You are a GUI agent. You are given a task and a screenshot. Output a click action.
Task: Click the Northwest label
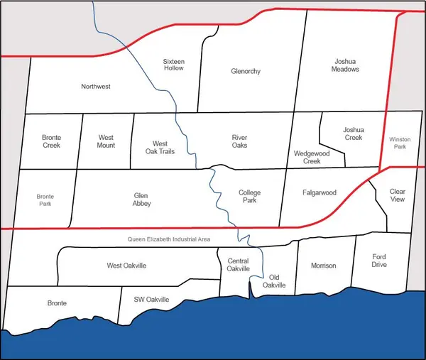pos(96,87)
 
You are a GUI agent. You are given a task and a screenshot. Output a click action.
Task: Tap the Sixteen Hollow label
pos(173,65)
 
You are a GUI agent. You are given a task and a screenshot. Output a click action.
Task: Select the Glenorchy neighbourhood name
pos(246,72)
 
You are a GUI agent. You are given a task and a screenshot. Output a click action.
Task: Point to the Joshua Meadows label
pos(346,65)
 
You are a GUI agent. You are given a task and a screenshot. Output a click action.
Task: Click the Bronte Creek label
pos(51,141)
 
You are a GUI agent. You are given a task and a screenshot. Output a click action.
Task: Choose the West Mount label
pos(106,141)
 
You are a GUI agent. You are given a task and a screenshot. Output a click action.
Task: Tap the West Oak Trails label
pos(160,147)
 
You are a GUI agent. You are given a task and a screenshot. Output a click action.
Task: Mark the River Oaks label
pos(239,141)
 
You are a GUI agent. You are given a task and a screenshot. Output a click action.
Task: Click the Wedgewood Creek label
pos(307,157)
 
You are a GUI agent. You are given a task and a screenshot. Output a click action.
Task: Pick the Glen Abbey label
pos(142,199)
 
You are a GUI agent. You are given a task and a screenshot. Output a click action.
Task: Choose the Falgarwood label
pos(319,192)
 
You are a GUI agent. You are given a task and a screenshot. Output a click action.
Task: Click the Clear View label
pos(397,195)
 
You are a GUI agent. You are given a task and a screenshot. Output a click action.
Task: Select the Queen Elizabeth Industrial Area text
pos(169,240)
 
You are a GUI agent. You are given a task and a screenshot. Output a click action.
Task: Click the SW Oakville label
pos(152,300)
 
